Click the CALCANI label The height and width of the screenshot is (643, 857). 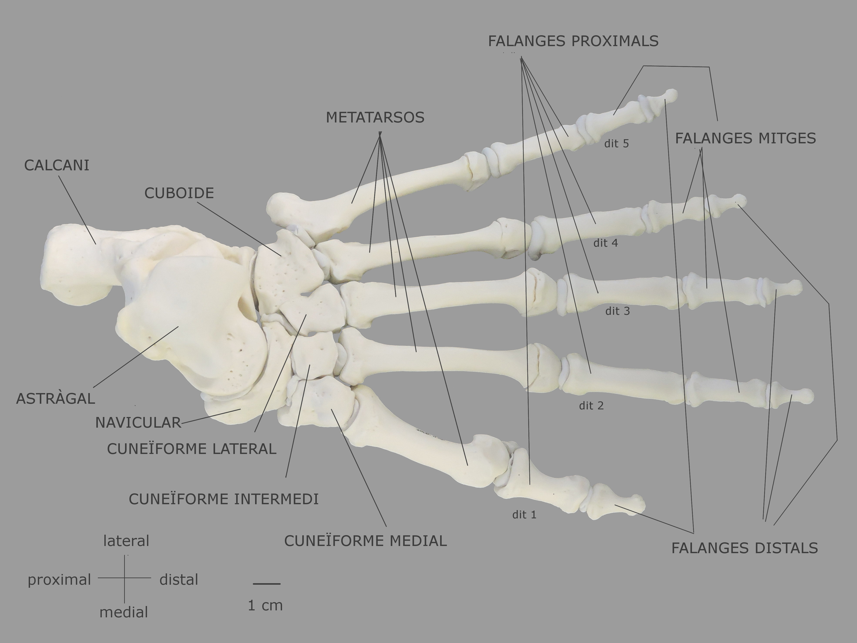pos(57,166)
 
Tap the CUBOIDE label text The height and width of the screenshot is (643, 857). pos(179,193)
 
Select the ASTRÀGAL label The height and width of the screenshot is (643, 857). pos(55,399)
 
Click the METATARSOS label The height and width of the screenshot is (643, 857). pos(375,117)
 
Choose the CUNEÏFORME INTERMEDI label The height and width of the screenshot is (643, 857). pos(224,499)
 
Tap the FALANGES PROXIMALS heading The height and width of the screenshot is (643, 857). pos(573,41)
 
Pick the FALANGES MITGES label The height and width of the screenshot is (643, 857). pos(745,138)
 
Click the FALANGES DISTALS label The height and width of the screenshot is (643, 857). pos(745,548)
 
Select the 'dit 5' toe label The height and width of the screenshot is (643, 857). pos(616,144)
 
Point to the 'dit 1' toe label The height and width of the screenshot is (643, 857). pos(524,515)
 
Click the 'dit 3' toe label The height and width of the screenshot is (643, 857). pos(618,311)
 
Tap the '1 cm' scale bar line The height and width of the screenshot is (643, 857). pos(267,584)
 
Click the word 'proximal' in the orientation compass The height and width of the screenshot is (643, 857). pos(59,580)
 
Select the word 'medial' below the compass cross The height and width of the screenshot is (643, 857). pos(124,612)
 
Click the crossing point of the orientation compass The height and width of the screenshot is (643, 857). pos(124,578)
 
